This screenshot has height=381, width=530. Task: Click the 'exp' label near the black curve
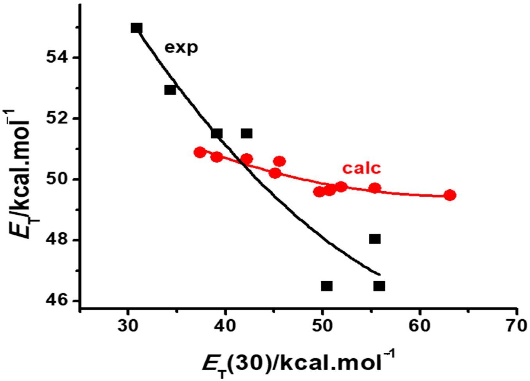[x=181, y=48]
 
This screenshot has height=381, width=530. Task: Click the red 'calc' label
[x=361, y=168]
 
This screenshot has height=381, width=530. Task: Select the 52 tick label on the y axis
[x=57, y=119]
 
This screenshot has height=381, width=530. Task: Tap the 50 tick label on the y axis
[x=57, y=180]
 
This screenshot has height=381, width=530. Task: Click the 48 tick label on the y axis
[x=57, y=240]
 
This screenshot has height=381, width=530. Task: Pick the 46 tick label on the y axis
[x=57, y=301]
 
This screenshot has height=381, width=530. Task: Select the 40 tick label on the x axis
[x=225, y=326]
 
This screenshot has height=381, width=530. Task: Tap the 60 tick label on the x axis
[x=419, y=326]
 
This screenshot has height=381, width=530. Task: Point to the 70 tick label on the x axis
[x=516, y=326]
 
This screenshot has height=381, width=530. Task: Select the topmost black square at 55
[x=136, y=28]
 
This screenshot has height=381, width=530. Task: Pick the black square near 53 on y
[x=170, y=90]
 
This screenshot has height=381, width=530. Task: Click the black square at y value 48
[x=375, y=239]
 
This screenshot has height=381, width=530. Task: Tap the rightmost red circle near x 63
[x=450, y=195]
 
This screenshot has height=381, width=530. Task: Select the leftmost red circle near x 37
[x=200, y=153]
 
